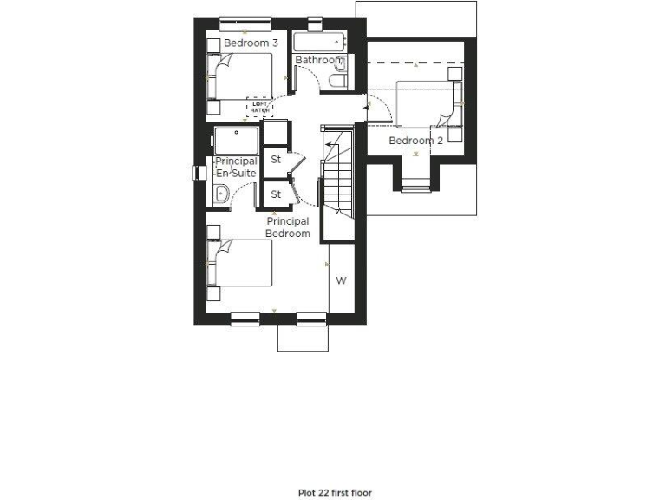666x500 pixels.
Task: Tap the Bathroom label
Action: (x=320, y=60)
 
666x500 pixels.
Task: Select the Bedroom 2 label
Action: (x=416, y=141)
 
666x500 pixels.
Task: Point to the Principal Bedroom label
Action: (x=288, y=227)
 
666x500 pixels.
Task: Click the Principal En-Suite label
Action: (x=236, y=168)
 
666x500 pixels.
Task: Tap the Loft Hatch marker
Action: (x=259, y=106)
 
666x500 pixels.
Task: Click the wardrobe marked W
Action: (x=342, y=280)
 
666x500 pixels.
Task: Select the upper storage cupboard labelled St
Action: (x=276, y=160)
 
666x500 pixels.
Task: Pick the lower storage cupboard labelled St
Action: (x=276, y=194)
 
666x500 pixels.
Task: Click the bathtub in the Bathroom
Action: (x=319, y=42)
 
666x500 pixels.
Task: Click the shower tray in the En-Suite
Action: (x=237, y=141)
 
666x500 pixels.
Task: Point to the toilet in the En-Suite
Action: (x=220, y=194)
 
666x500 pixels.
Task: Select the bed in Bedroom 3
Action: (x=240, y=78)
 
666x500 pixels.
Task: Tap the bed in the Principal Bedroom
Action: (x=240, y=264)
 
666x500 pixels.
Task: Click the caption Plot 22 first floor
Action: (x=334, y=492)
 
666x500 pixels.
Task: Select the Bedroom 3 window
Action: (x=245, y=21)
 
